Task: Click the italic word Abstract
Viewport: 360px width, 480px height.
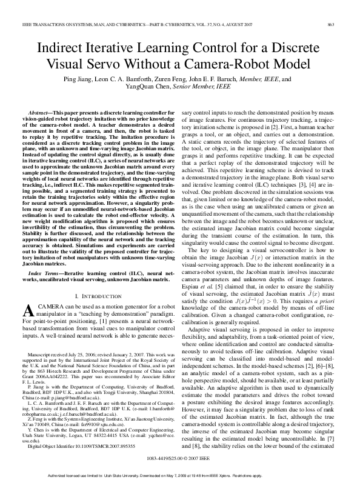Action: click(x=41, y=113)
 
